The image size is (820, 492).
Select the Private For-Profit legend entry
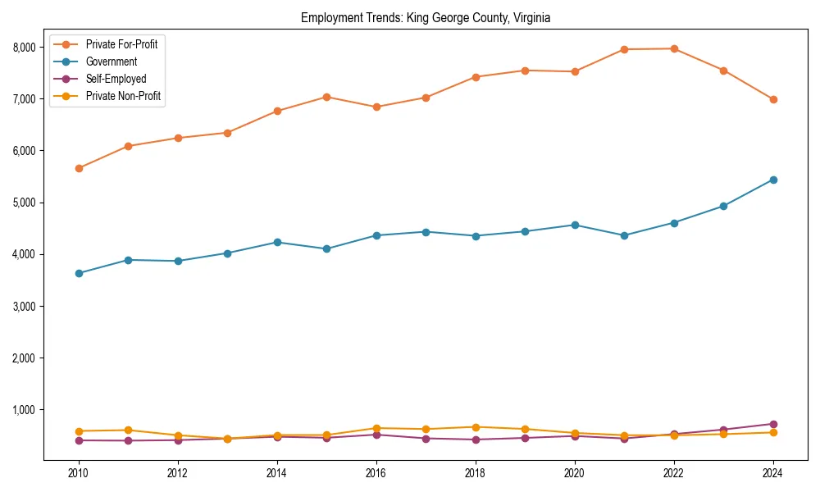pyautogui.click(x=121, y=44)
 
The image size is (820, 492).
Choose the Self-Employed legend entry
pyautogui.click(x=116, y=79)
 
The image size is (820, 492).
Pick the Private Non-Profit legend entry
pyautogui.click(x=123, y=96)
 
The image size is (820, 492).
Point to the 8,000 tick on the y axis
pyautogui.click(x=25, y=48)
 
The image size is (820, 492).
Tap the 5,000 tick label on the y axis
pyautogui.click(x=25, y=203)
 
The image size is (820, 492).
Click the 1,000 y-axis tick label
pyautogui.click(x=25, y=410)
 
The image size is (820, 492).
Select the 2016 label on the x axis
pyautogui.click(x=376, y=473)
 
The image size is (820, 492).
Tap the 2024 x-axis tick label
pyautogui.click(x=772, y=473)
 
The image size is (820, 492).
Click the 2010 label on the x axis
pyautogui.click(x=79, y=473)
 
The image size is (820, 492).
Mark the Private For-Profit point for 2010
pyautogui.click(x=79, y=168)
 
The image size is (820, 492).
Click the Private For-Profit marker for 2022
pyautogui.click(x=674, y=48)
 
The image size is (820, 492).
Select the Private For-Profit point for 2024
pyautogui.click(x=772, y=99)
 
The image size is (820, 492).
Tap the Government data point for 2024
pyautogui.click(x=772, y=180)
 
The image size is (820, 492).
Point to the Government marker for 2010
pyautogui.click(x=79, y=273)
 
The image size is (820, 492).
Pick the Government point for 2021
pyautogui.click(x=624, y=235)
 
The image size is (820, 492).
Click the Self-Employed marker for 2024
pyautogui.click(x=772, y=424)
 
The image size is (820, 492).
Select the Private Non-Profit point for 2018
pyautogui.click(x=475, y=427)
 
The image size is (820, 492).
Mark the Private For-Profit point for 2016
pyautogui.click(x=376, y=107)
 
